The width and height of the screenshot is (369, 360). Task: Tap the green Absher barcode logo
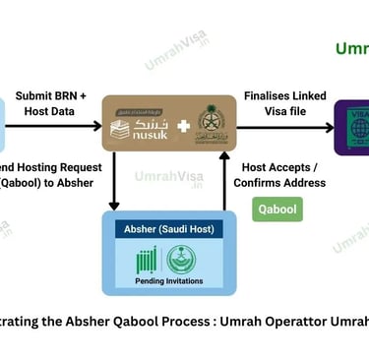click(146, 260)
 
